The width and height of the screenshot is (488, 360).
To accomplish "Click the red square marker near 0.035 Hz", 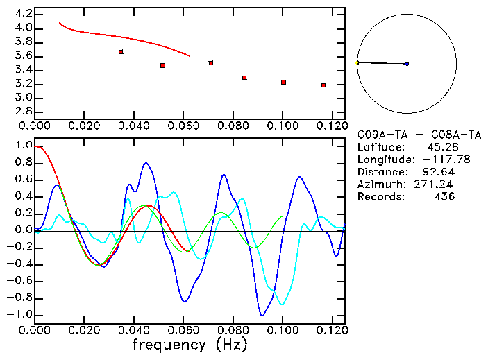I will [x=121, y=52].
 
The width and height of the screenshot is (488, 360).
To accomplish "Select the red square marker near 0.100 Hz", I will [x=283, y=82].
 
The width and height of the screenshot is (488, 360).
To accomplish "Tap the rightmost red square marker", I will [x=323, y=85].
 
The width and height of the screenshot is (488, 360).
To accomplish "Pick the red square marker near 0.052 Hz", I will [x=162, y=65].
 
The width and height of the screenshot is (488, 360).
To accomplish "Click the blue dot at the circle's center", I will [x=406, y=64].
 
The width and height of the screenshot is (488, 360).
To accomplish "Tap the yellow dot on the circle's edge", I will [x=357, y=62].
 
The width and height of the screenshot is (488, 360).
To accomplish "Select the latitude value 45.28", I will [x=440, y=148].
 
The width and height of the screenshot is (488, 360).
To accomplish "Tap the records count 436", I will [x=444, y=197].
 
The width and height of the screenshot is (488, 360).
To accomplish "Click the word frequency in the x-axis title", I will [x=169, y=345].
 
